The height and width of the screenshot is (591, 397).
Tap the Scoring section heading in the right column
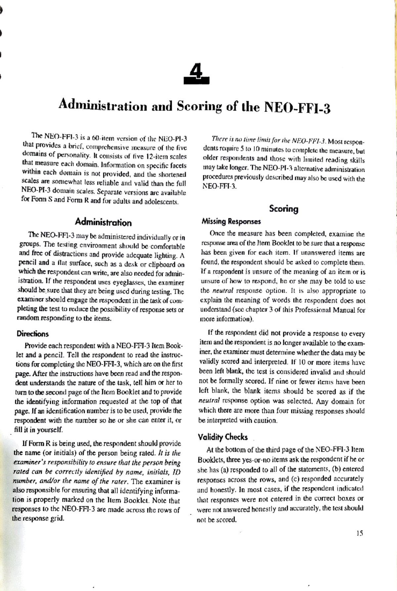284,209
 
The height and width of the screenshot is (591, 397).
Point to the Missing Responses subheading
231,221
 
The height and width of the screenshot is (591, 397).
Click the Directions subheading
32,334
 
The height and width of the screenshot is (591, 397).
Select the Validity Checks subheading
223,437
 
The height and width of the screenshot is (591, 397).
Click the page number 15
360,533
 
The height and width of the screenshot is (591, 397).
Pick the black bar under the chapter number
197,80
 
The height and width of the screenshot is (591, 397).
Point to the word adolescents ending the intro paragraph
162,202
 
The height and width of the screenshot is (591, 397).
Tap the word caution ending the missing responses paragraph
264,421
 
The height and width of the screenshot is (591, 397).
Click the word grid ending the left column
56,519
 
